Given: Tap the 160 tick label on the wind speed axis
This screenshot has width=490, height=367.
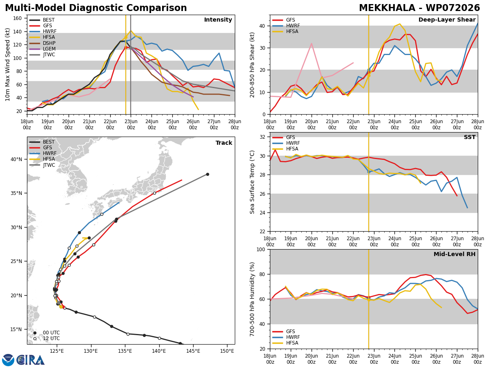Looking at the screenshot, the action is click(18, 18).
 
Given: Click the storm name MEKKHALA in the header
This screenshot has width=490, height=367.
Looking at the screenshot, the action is click(387, 8).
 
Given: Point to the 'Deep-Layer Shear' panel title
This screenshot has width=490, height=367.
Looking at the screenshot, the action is click(447, 20).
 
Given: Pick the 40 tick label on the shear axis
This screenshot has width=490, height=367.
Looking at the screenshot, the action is click(262, 26).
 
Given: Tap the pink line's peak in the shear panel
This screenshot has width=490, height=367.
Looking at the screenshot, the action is click(312, 44).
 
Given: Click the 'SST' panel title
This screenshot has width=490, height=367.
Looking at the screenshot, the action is click(470, 137).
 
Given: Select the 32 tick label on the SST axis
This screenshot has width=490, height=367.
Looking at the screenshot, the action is click(262, 137).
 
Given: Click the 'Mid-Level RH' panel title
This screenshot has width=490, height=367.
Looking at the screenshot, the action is click(454, 254).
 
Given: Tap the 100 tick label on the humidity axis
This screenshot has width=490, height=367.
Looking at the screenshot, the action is click(261, 249).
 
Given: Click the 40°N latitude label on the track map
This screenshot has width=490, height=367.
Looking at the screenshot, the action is click(16, 159).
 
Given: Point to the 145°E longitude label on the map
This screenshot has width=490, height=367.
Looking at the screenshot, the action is click(193, 351).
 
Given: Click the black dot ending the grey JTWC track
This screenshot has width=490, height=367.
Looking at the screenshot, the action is click(207, 174).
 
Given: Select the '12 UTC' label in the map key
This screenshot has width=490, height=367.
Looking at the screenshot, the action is click(51, 338).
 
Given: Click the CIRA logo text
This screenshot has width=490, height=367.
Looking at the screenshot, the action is click(31, 360).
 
